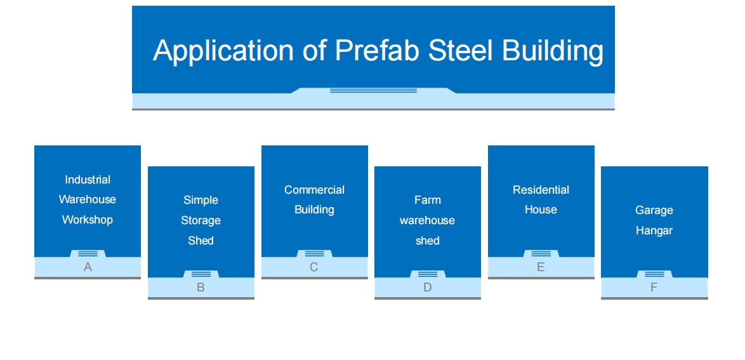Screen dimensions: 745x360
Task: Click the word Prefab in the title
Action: coord(377,50)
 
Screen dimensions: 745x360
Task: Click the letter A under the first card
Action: coord(88,267)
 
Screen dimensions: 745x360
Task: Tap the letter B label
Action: coord(201,288)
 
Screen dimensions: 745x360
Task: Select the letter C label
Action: coord(313,267)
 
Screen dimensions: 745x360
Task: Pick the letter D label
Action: coord(427,288)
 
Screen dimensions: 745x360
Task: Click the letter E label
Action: coord(541,267)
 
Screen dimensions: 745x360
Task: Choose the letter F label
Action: coord(654,288)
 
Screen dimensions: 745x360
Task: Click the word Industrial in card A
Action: coord(88,180)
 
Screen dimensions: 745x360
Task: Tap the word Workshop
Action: coord(88,220)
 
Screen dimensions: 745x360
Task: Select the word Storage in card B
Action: coord(201,221)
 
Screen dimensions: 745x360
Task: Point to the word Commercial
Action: coord(314,190)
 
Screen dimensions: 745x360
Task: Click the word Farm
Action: coord(428,200)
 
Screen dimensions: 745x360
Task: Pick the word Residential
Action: coord(541,190)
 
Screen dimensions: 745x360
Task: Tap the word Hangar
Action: coord(654,231)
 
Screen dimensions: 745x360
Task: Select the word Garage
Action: coord(654,211)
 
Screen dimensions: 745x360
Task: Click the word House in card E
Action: coord(541,210)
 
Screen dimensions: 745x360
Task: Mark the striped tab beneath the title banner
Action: coord(373,90)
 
